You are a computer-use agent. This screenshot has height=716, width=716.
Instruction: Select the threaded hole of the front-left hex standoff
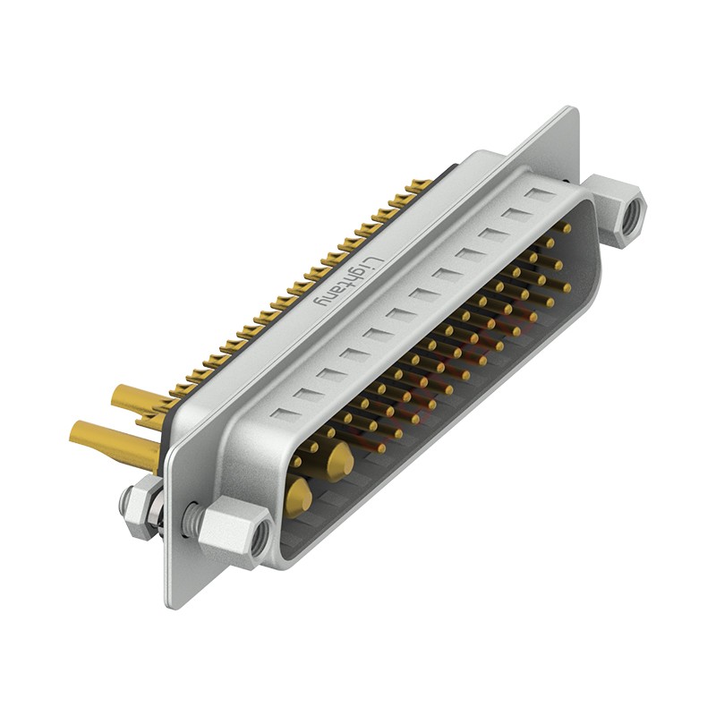coord(259,535)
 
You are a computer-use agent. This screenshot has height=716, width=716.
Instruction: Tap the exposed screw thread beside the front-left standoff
coord(191,517)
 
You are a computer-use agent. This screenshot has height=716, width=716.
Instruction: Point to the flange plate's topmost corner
coord(573,109)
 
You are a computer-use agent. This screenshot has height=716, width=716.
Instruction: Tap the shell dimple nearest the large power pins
coord(284,414)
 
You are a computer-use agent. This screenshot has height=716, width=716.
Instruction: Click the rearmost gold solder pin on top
coord(421,185)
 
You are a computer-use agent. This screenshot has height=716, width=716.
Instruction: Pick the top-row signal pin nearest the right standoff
coord(564,228)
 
